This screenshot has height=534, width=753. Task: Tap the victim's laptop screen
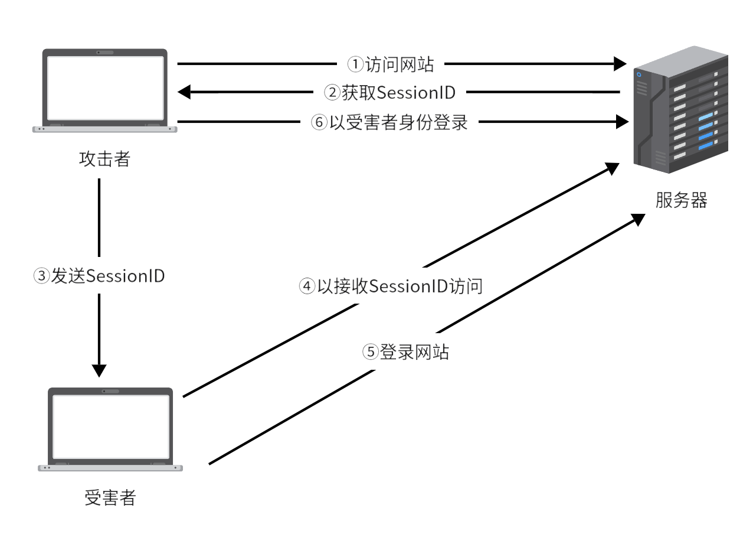(x=110, y=426)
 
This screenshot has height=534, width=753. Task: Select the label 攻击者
(x=104, y=159)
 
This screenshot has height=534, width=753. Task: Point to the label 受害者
(x=110, y=498)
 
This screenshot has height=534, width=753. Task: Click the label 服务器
(x=681, y=200)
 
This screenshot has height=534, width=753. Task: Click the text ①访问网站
(x=390, y=64)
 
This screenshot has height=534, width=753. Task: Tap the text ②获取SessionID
(x=390, y=92)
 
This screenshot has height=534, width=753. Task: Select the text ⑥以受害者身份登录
(x=389, y=122)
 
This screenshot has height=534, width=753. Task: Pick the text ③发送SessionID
(x=99, y=276)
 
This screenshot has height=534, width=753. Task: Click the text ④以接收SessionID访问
(x=391, y=286)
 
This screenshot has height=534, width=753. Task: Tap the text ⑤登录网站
(x=405, y=352)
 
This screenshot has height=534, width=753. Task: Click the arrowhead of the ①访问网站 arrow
(x=620, y=63)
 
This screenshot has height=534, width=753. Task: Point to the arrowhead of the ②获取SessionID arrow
(x=185, y=92)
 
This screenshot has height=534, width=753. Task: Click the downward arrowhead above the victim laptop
(x=99, y=370)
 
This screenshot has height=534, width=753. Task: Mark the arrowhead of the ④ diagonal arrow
(x=611, y=168)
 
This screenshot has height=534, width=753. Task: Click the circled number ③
(x=42, y=276)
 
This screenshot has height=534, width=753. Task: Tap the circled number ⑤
(x=369, y=353)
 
